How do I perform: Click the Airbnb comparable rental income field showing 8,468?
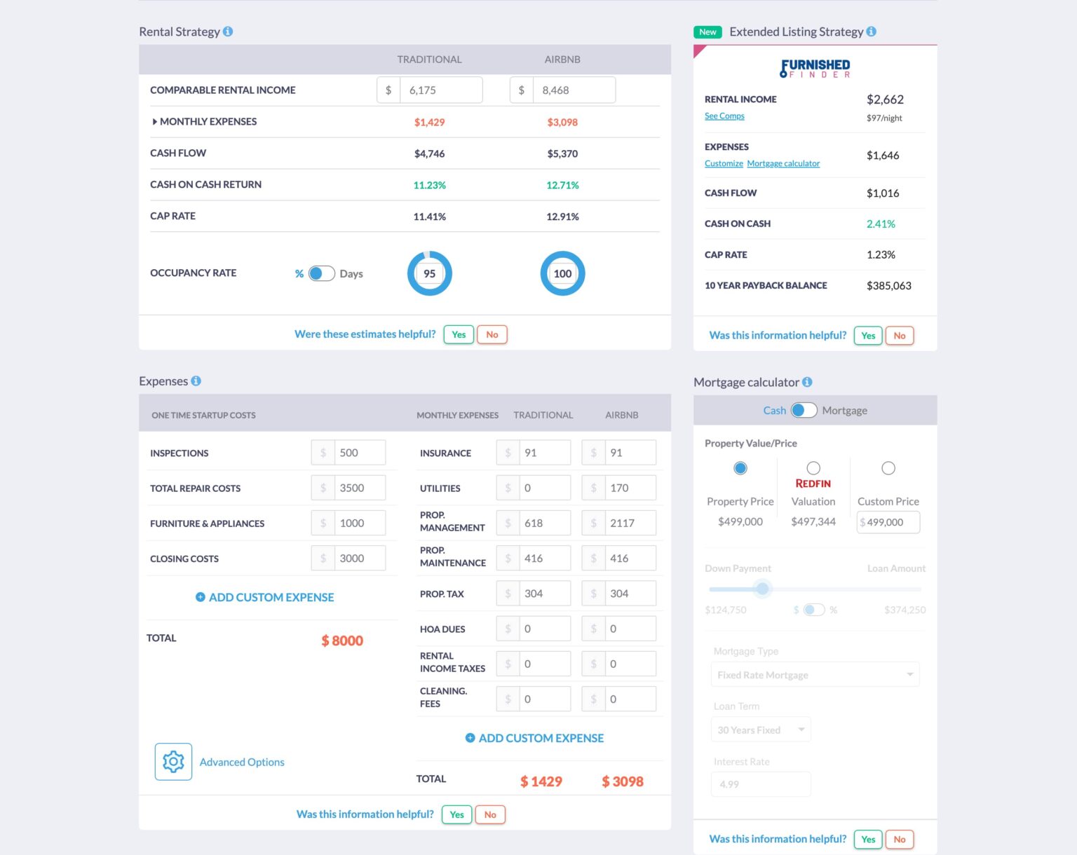click(x=574, y=90)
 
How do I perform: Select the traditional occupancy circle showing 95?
click(x=429, y=273)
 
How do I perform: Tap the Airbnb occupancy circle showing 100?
click(x=562, y=273)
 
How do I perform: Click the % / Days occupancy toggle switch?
click(x=321, y=273)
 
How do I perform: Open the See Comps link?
click(x=724, y=116)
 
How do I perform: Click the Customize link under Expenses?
click(x=724, y=163)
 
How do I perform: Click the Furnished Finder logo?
click(x=815, y=68)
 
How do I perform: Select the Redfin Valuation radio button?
click(x=813, y=468)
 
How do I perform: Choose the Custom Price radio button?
click(x=888, y=468)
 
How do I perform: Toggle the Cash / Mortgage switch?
click(x=804, y=411)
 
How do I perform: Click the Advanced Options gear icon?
click(x=173, y=762)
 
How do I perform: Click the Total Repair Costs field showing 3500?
click(x=359, y=488)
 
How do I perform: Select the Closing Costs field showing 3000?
click(x=359, y=559)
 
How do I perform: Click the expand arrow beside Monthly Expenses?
click(x=154, y=122)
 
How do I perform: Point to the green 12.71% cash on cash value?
click(x=562, y=186)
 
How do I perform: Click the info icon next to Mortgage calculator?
click(x=807, y=382)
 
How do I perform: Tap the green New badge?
click(x=707, y=32)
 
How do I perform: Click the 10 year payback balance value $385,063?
click(x=888, y=286)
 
